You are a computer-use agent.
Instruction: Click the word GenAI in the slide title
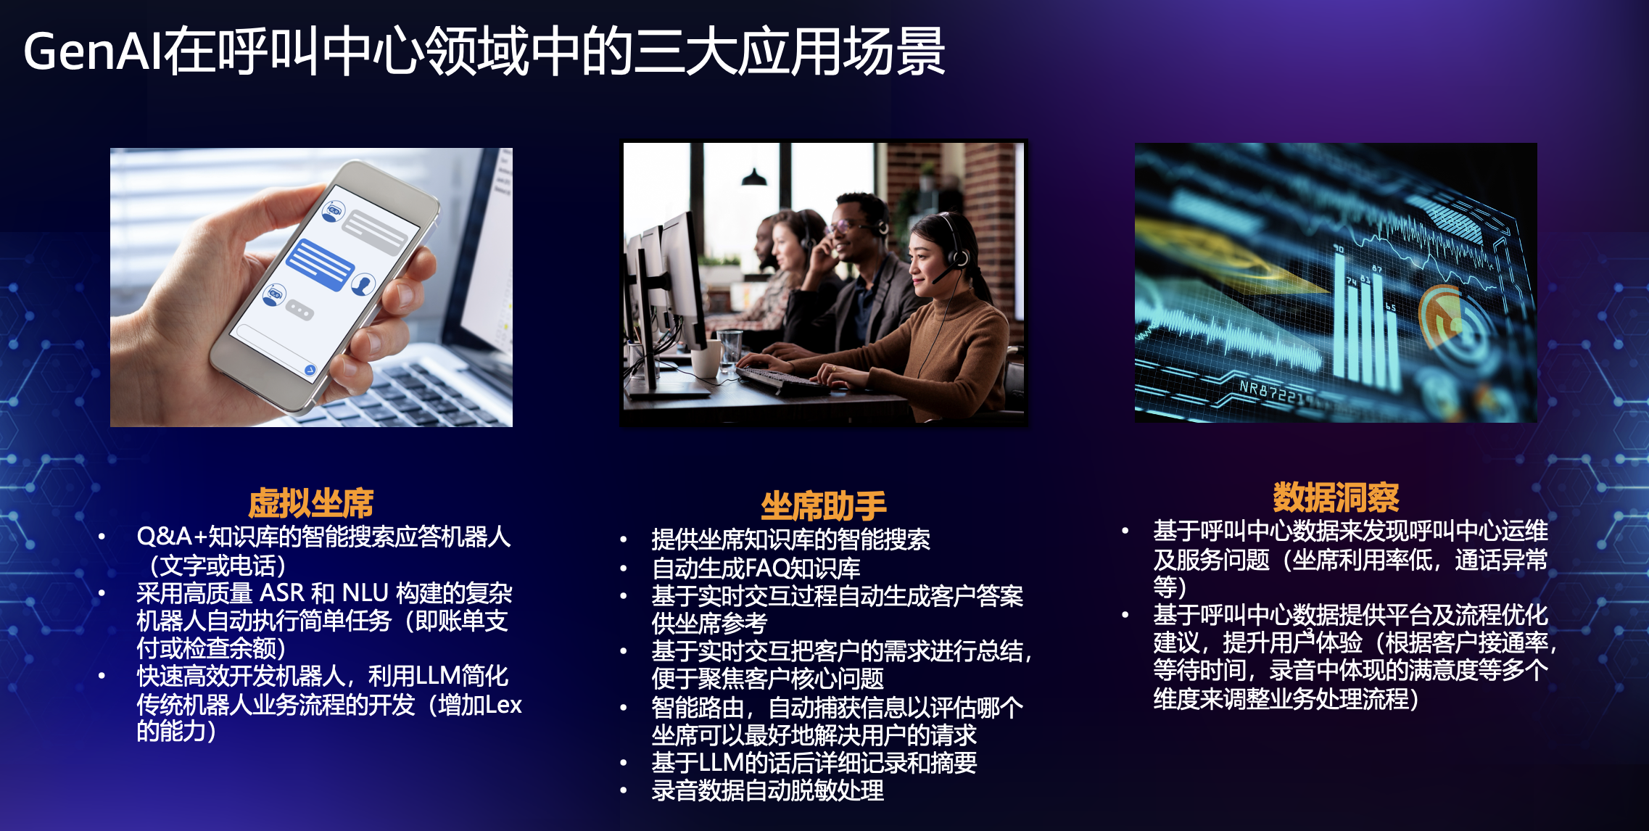(93, 52)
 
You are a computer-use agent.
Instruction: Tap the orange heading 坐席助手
(824, 505)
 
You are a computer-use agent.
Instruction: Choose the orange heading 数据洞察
(1336, 497)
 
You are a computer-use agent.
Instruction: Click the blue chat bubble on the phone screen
(320, 265)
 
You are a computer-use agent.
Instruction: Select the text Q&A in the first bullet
(164, 537)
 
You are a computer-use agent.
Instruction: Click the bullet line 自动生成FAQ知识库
(756, 568)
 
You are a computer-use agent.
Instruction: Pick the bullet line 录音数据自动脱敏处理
(767, 790)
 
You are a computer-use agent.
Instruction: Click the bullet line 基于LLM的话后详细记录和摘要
(814, 762)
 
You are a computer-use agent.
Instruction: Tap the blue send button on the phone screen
(310, 370)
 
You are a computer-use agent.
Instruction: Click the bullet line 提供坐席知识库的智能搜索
(790, 539)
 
